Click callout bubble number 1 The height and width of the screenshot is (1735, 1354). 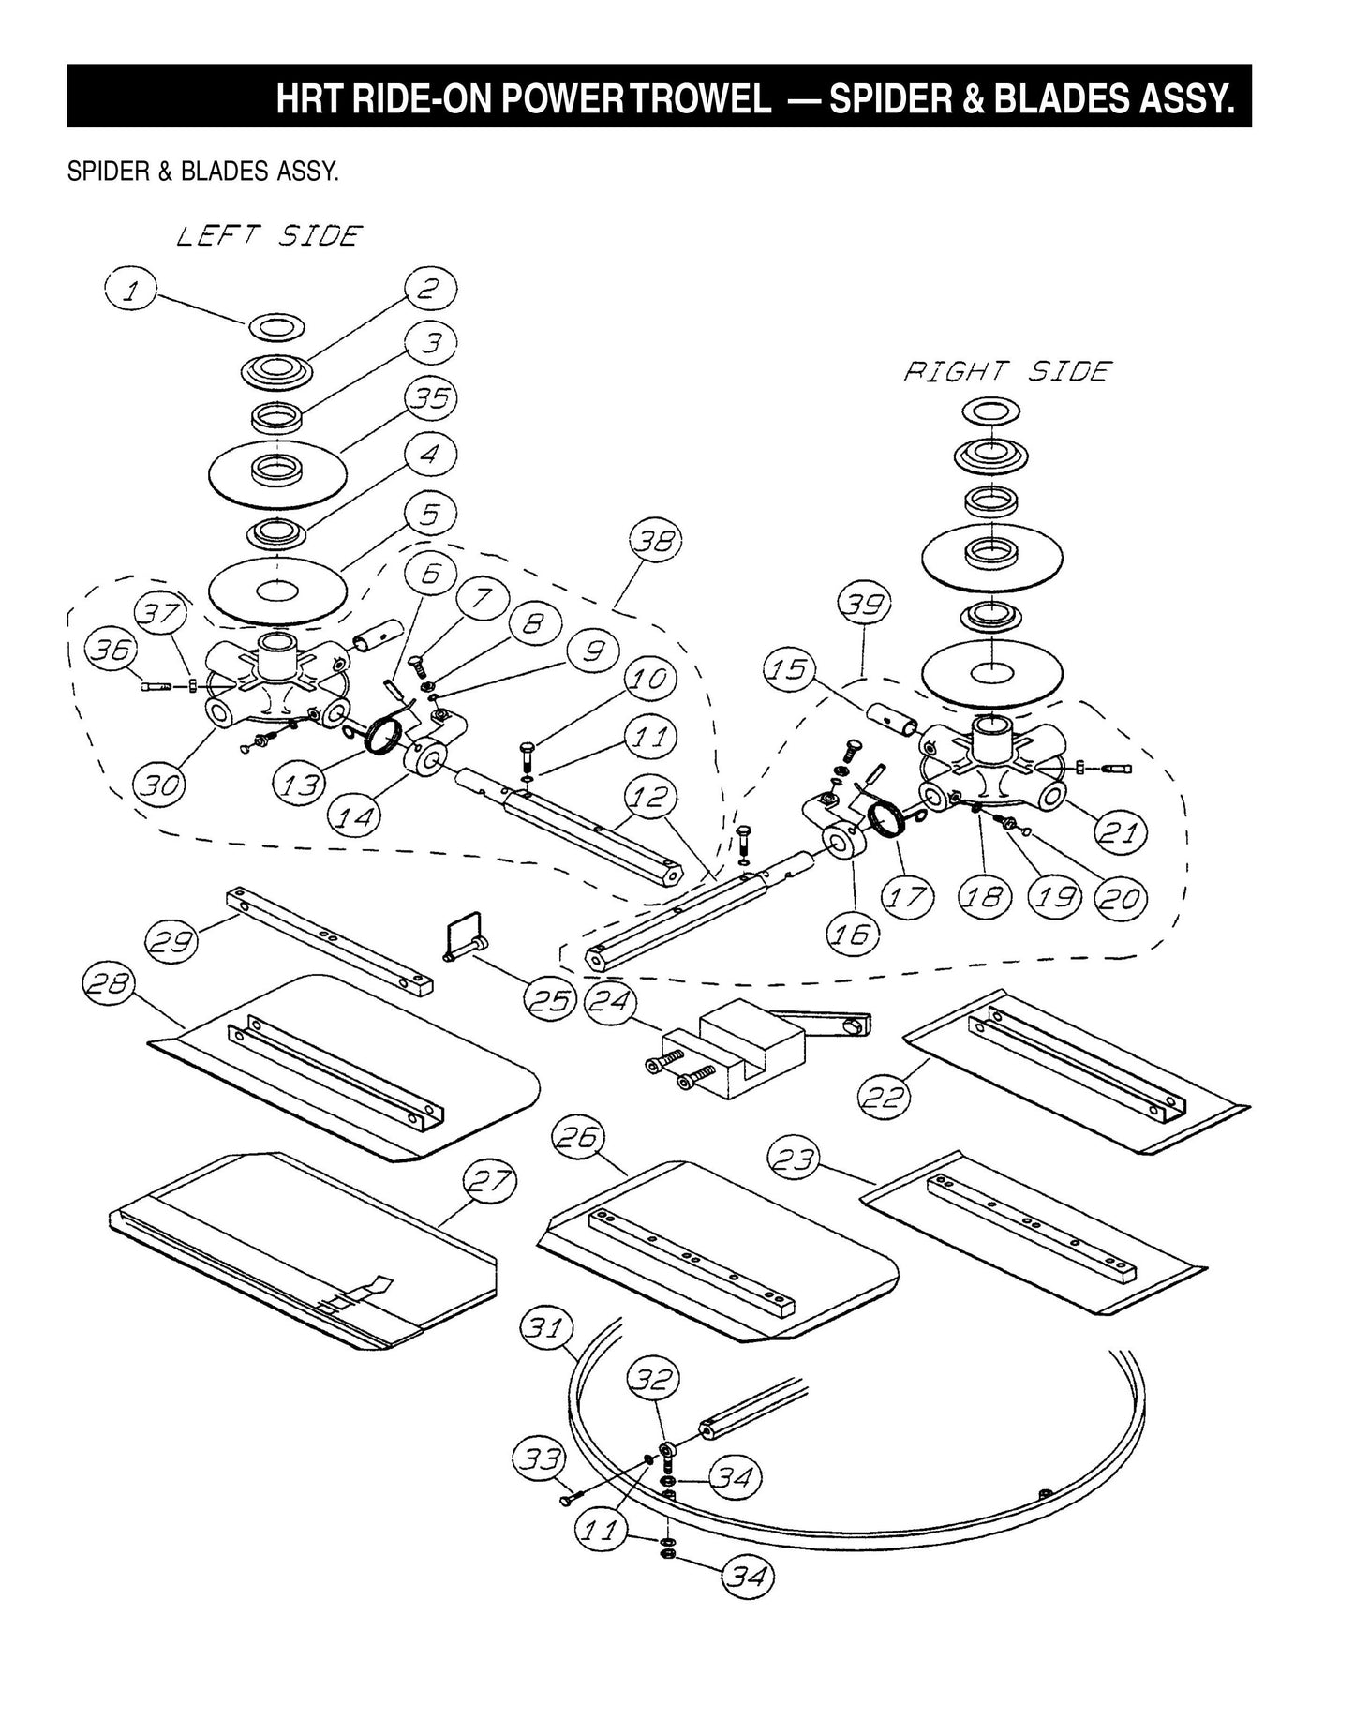coord(130,290)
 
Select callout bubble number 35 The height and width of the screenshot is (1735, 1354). coord(431,399)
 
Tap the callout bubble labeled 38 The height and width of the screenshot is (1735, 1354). coord(655,542)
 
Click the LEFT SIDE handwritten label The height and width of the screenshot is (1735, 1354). coord(270,236)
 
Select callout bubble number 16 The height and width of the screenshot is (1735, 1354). coord(853,933)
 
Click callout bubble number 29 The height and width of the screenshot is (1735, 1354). coord(173,940)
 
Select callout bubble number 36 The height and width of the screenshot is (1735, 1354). coord(112,650)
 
